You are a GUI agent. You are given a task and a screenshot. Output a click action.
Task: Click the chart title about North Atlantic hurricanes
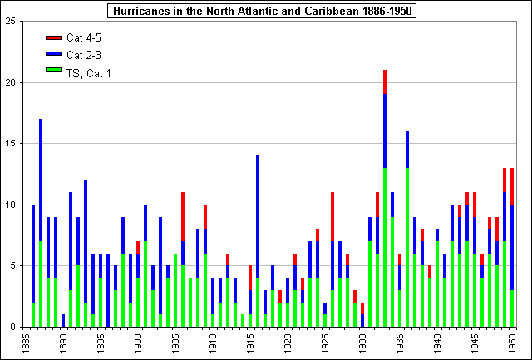[x=265, y=11]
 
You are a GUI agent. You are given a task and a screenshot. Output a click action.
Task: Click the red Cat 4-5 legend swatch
[x=53, y=38]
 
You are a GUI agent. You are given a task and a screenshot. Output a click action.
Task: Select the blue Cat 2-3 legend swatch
[x=53, y=55]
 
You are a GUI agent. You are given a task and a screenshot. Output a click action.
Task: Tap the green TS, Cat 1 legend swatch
[x=53, y=72]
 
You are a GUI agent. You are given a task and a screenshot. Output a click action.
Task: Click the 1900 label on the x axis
[x=138, y=343]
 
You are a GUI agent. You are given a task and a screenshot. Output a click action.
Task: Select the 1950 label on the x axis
[x=512, y=343]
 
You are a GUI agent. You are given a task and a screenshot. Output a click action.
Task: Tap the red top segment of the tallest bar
[x=385, y=82]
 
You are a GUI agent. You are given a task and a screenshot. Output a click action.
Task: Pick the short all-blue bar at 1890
[x=63, y=320]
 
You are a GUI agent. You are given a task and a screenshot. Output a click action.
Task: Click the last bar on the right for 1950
[x=512, y=249]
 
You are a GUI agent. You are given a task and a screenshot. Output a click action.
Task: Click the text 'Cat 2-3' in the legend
[x=83, y=55]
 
